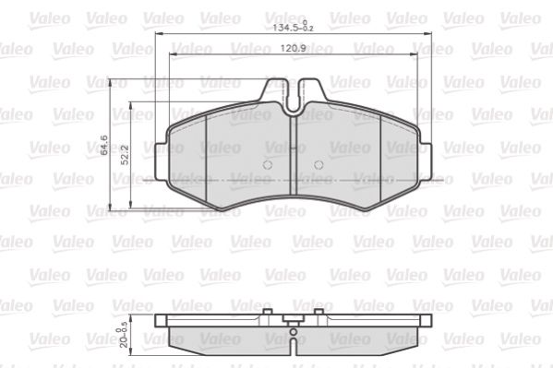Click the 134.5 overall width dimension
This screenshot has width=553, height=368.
pyautogui.click(x=293, y=27)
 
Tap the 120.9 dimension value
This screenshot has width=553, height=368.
pyautogui.click(x=293, y=48)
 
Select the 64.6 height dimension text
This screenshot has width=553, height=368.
pyautogui.click(x=104, y=145)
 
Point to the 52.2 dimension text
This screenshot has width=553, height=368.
pyautogui.click(x=125, y=155)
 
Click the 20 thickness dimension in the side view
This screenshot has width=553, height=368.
pyautogui.click(x=122, y=337)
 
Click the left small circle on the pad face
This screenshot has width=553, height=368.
pyautogui.click(x=268, y=164)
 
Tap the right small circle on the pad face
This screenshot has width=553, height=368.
pyautogui.click(x=319, y=164)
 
